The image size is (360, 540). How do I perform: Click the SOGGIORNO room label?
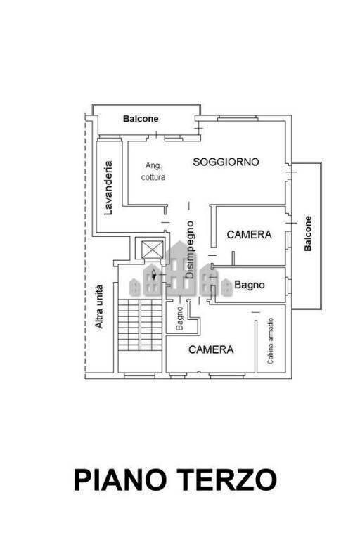[x=226, y=162]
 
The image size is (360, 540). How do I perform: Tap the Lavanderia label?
[x=108, y=188]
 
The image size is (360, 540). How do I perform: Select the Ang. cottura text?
[x=153, y=172]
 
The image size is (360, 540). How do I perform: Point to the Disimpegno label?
[x=190, y=250]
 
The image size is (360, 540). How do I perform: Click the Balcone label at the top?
[x=141, y=119]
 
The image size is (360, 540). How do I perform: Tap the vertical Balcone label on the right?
[x=308, y=233]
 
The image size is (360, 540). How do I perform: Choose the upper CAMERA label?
[x=249, y=235]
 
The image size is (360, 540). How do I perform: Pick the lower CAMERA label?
[x=211, y=349]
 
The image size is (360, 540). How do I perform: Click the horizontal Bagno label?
[x=250, y=285]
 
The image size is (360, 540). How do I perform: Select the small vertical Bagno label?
[x=179, y=319]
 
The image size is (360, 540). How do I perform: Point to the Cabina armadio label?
[x=271, y=341]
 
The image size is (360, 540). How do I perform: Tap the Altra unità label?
[x=99, y=307]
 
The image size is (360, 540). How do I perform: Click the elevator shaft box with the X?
[x=153, y=249]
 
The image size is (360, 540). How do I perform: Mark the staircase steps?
[x=140, y=325]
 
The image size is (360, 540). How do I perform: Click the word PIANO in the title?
[x=120, y=480]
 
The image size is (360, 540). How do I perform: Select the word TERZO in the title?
[x=227, y=480]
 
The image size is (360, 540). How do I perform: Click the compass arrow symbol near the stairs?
[x=154, y=275]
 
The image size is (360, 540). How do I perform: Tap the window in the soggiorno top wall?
[x=238, y=118]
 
